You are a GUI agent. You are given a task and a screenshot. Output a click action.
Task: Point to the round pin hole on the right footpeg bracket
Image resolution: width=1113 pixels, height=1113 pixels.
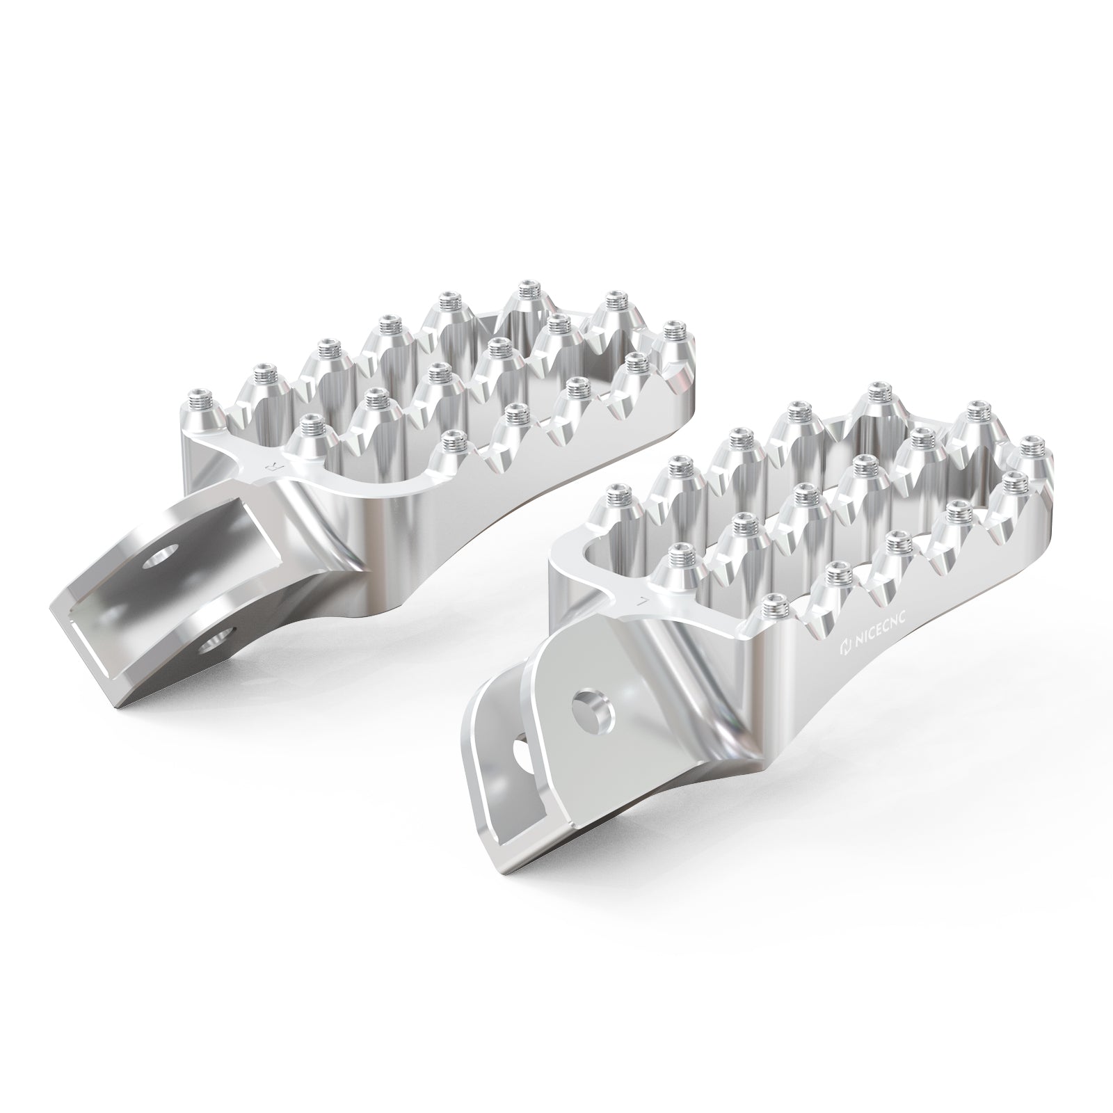pyautogui.click(x=592, y=707)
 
